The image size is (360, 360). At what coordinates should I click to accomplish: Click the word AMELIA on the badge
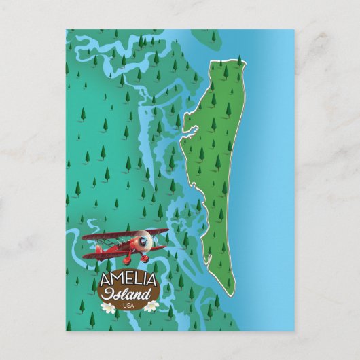(x=128, y=280)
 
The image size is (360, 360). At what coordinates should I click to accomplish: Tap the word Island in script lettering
(x=128, y=293)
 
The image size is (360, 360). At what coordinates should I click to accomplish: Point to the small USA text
(x=129, y=305)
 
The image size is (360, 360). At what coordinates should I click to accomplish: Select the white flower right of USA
(x=151, y=306)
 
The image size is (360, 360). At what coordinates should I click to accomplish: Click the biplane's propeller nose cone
(x=145, y=240)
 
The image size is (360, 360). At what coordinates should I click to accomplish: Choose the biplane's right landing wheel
(x=145, y=259)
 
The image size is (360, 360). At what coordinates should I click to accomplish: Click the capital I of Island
(x=109, y=293)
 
